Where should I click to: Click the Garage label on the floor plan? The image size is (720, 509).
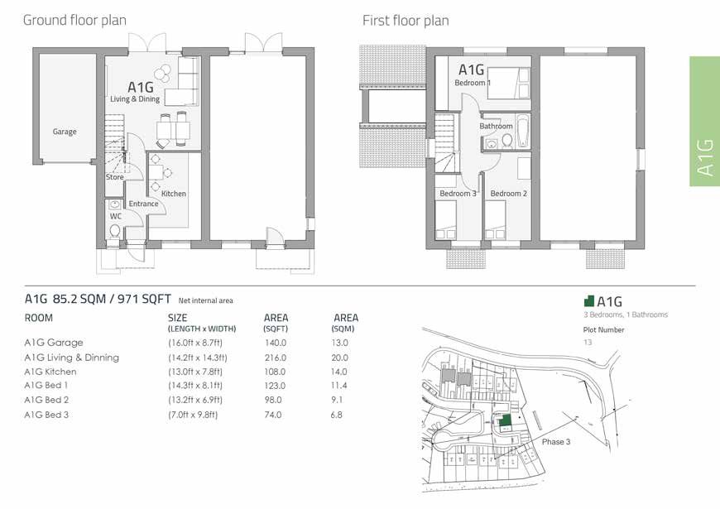click(65, 132)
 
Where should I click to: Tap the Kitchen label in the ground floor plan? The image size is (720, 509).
click(174, 194)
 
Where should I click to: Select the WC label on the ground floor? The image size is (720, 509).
click(116, 216)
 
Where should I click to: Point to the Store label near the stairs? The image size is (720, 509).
click(114, 177)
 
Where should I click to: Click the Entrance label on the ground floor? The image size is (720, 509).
click(143, 204)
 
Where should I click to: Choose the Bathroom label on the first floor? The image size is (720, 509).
click(496, 127)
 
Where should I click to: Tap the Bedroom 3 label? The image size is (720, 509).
click(458, 194)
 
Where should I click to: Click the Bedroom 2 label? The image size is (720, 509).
click(508, 194)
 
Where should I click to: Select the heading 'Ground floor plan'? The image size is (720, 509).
click(74, 20)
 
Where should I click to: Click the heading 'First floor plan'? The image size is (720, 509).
click(406, 20)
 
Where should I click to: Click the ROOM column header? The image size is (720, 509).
click(39, 318)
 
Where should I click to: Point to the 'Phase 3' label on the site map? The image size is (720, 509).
click(556, 442)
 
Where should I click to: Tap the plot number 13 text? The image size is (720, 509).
click(588, 342)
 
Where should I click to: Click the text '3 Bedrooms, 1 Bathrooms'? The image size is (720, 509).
click(625, 315)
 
